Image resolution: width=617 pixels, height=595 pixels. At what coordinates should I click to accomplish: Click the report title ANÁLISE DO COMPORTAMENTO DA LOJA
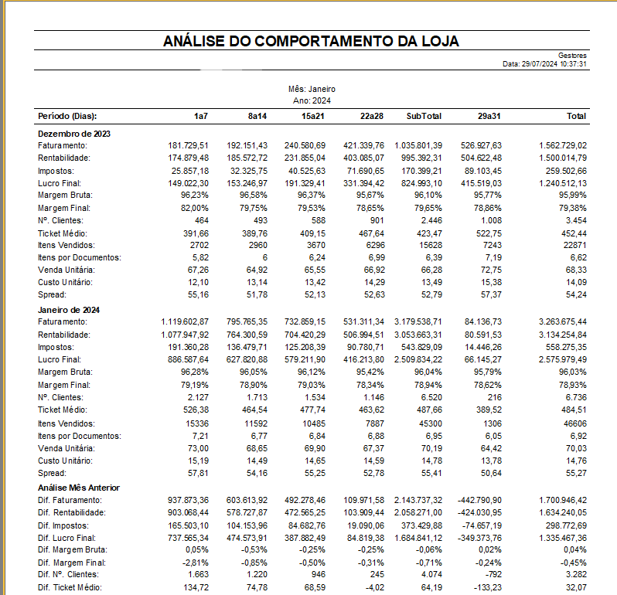pos(312,42)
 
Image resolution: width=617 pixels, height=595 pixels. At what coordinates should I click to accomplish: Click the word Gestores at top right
pos(572,56)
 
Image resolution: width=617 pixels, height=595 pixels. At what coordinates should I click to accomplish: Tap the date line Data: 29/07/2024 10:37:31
pos(545,63)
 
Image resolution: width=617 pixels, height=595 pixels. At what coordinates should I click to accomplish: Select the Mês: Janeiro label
pos(312,90)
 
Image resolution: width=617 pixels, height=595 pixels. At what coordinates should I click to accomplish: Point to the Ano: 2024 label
pos(312,101)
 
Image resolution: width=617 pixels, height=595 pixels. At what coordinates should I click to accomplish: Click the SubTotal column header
pos(424,116)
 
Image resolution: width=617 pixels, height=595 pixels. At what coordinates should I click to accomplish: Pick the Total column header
pos(576,116)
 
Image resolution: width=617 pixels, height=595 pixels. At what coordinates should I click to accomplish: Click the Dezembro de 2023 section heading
pos(74,134)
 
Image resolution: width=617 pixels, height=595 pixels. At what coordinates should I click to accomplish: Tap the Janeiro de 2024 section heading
pos(70,310)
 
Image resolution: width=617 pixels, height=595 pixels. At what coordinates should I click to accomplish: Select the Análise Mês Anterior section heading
pos(79,488)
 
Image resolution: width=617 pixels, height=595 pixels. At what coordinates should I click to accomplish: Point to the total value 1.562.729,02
pos(562,145)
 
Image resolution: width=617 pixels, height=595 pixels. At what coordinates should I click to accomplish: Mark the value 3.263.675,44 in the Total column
pos(562,321)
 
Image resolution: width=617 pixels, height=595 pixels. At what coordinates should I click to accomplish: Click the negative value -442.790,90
pos(479,500)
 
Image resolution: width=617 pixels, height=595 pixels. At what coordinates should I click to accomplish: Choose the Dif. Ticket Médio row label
pos(70,588)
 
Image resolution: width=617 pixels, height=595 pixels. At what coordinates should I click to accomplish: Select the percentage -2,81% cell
pos(195,563)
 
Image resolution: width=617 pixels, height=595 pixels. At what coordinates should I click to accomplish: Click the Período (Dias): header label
pos(67,116)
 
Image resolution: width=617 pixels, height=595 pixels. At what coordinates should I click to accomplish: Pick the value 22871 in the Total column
pos(574,245)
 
